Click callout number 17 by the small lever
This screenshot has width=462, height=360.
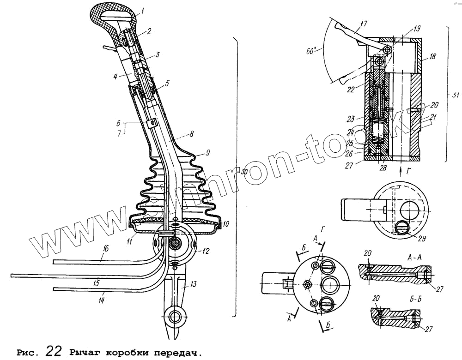pyautogui.click(x=364, y=23)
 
